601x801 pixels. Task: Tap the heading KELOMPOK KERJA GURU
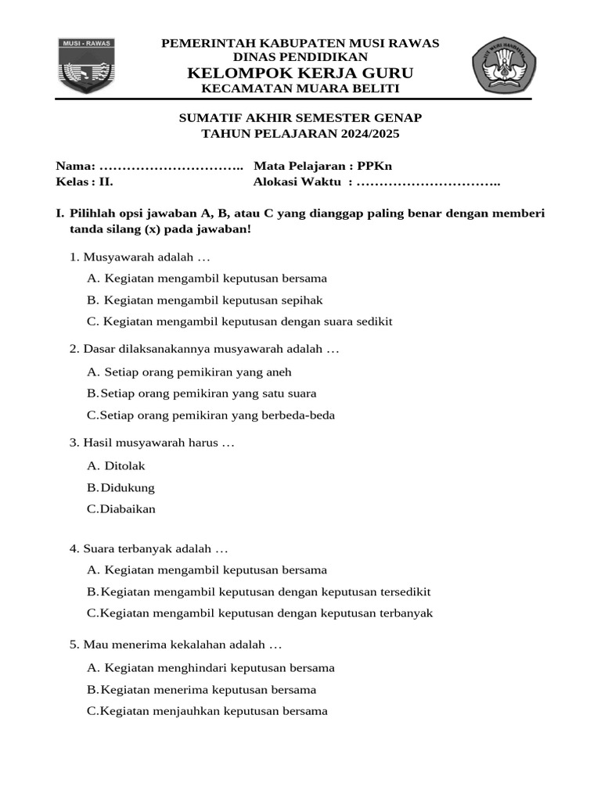point(300,73)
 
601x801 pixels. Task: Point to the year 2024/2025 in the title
point(367,134)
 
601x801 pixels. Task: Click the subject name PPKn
point(375,166)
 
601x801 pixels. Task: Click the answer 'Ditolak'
point(124,466)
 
